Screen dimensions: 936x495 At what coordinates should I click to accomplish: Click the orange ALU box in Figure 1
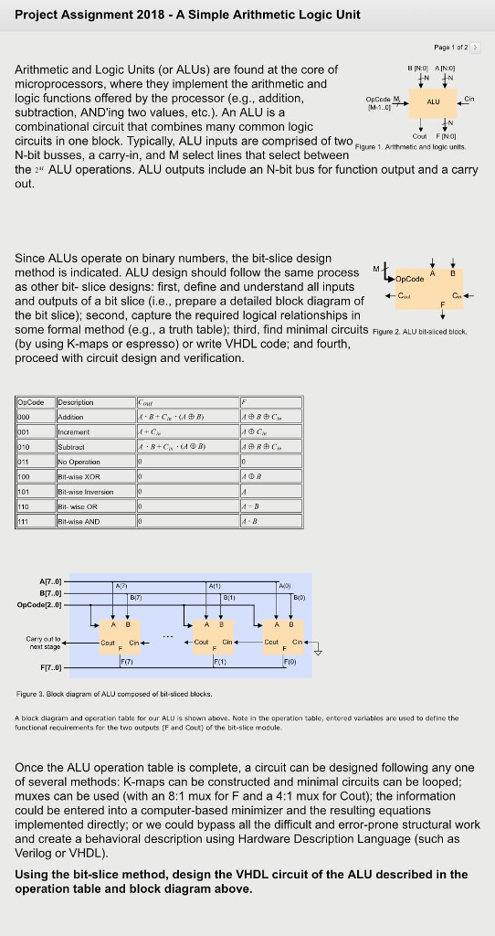[x=435, y=103]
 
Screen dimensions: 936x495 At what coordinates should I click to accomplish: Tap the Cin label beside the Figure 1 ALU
[x=469, y=99]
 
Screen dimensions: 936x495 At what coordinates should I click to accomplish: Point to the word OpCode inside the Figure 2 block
[x=410, y=277]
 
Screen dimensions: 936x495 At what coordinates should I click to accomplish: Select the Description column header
[x=75, y=402]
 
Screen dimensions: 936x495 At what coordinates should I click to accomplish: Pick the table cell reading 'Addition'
[x=70, y=416]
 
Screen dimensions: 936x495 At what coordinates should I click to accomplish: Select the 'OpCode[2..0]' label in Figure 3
[x=36, y=602]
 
